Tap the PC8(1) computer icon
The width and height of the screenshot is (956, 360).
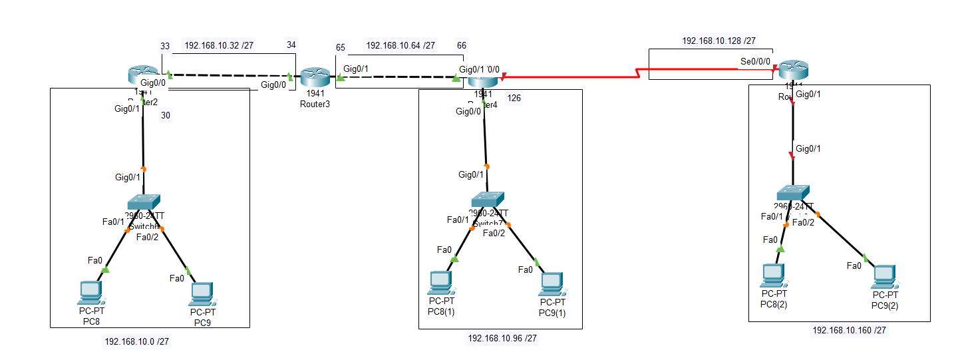(x=440, y=282)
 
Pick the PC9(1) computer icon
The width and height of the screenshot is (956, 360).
(x=552, y=283)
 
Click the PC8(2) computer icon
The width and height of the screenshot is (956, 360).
(x=773, y=274)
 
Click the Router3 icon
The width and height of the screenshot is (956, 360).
(x=311, y=78)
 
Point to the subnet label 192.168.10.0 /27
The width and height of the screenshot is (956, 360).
(x=136, y=341)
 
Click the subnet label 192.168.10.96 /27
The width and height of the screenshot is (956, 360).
(x=502, y=338)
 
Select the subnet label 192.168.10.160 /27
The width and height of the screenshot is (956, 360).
(x=849, y=329)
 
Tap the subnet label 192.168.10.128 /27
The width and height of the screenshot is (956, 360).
(x=718, y=41)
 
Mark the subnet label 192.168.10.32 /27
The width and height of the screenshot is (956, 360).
(x=219, y=45)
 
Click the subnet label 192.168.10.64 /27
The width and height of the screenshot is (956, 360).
(x=400, y=46)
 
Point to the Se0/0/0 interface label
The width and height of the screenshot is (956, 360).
(x=755, y=61)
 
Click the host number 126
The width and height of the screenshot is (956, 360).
(x=513, y=98)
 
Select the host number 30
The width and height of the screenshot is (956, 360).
(x=166, y=114)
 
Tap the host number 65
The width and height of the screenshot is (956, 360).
(x=341, y=47)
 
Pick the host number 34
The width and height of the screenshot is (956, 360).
(x=291, y=45)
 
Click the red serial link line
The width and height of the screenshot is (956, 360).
(x=572, y=77)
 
